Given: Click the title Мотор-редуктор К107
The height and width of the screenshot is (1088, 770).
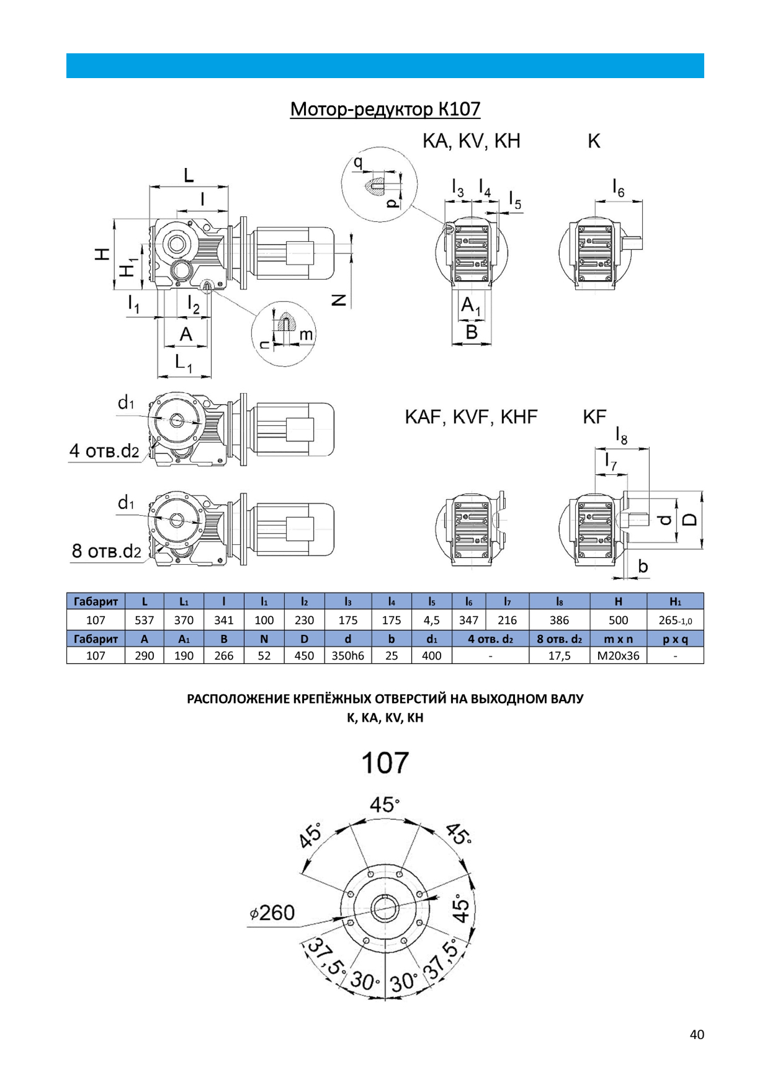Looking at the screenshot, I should [385, 109].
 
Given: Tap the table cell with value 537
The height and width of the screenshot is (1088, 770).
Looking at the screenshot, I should [145, 620].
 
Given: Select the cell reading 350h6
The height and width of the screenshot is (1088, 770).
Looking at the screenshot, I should [347, 656].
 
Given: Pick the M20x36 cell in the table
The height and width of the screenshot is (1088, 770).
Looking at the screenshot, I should [618, 656].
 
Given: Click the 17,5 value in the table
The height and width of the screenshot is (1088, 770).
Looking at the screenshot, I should [559, 656].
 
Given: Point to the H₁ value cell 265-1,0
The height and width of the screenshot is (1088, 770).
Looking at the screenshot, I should [675, 620].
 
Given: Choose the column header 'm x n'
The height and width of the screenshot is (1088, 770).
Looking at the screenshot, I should [618, 639].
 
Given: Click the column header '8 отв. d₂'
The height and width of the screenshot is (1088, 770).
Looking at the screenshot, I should [559, 639].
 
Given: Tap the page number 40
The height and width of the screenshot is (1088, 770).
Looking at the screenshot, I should [697, 1034].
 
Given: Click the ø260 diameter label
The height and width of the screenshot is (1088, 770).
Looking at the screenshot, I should [273, 913].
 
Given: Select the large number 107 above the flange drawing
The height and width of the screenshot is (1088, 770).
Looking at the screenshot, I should [385, 763].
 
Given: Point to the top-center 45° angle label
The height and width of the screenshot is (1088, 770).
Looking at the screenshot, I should [384, 805].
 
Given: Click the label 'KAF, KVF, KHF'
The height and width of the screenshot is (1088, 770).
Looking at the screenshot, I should [471, 417].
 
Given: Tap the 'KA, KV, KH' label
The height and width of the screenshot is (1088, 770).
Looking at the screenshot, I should [471, 141].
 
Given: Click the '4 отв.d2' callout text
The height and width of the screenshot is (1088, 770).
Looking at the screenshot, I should [104, 451].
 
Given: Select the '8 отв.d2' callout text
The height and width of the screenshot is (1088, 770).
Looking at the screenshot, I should [106, 551].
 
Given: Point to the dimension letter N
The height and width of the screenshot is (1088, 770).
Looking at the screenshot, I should [339, 300].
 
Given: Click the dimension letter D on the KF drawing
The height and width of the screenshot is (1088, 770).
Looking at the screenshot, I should [689, 520].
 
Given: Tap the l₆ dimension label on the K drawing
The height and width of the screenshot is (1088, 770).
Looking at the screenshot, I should [618, 187].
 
